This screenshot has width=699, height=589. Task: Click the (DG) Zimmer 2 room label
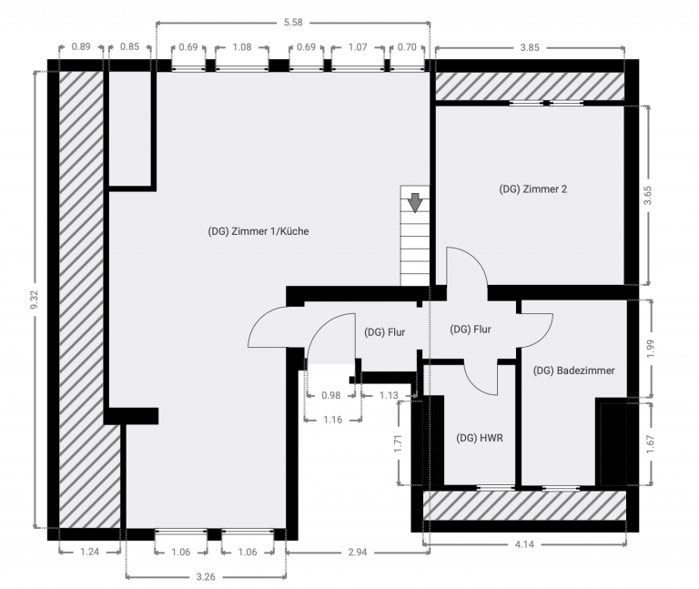(532, 189)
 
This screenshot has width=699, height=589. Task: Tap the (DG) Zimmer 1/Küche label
(258, 231)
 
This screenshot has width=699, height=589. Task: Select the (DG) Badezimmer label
(573, 371)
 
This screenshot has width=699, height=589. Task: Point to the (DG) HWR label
(480, 438)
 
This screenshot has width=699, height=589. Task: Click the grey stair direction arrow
(415, 202)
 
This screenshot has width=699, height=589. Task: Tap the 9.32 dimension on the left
(35, 300)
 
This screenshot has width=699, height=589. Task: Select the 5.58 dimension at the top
(293, 22)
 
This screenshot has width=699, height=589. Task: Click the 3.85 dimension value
(530, 47)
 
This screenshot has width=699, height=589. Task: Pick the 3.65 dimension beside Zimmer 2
(647, 196)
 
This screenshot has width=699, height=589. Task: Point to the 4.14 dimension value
(524, 544)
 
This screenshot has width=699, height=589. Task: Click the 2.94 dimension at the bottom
(357, 553)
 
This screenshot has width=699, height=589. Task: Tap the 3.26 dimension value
(206, 577)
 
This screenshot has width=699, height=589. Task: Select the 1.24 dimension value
(89, 552)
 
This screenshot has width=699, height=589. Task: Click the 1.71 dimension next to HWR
(398, 443)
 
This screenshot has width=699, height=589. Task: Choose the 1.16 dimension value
(332, 420)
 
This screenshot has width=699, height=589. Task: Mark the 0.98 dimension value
(330, 395)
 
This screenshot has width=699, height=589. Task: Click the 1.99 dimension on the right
(650, 349)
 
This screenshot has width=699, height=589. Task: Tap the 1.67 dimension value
(650, 444)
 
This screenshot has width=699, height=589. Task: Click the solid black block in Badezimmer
(612, 442)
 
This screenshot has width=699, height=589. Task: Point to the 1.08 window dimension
(242, 46)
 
